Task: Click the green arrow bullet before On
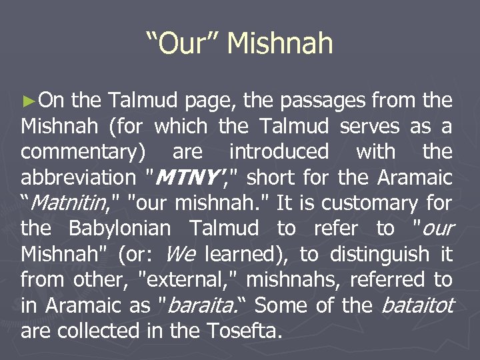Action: [27, 102]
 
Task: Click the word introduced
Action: [278, 151]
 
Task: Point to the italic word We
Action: [181, 254]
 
